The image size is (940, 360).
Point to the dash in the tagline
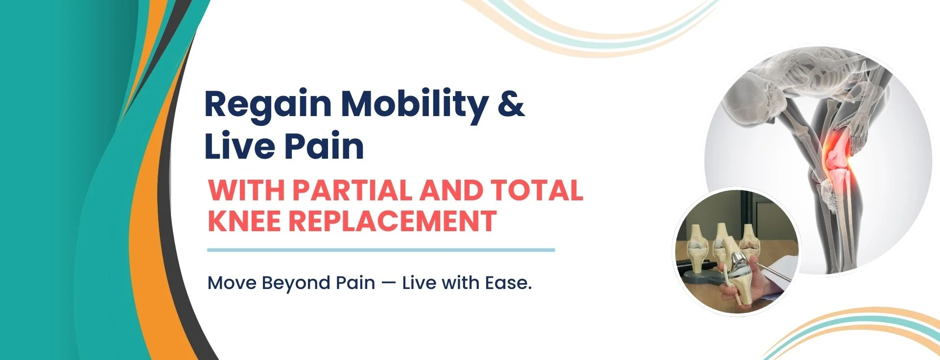pos(389,284)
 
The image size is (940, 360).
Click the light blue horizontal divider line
pos(381,250)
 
